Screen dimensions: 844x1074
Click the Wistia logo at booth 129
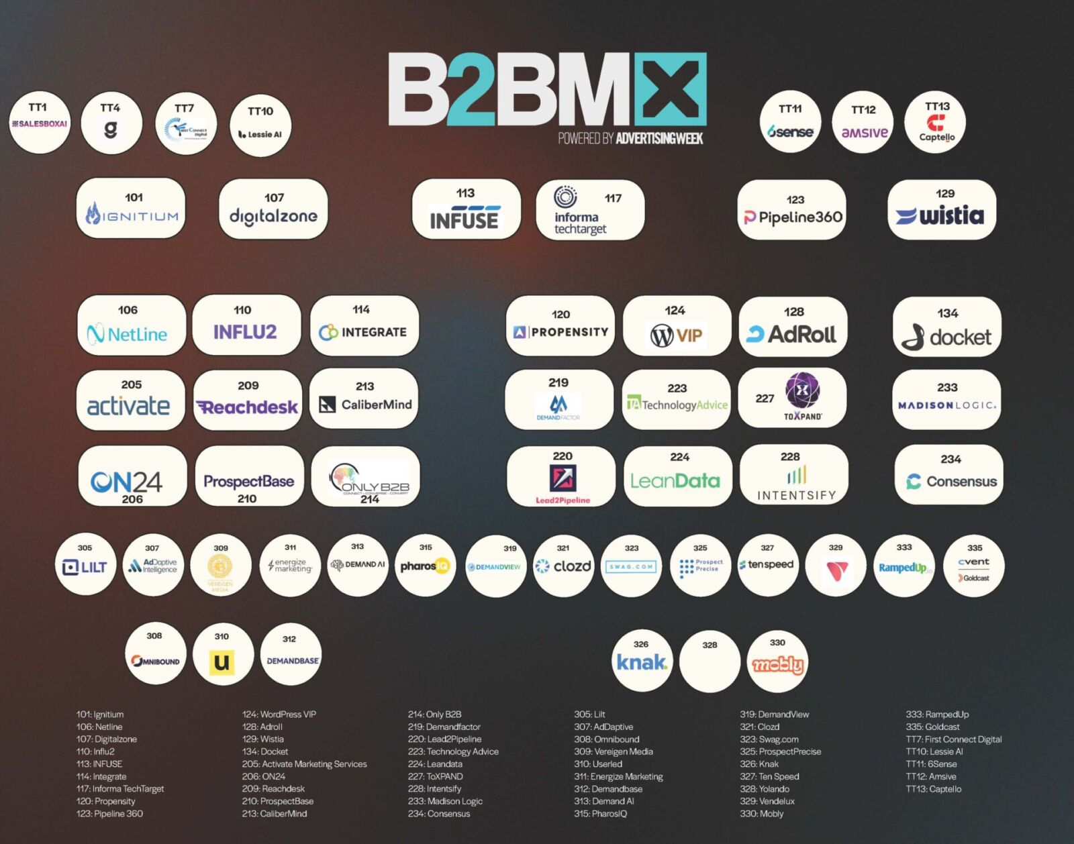coord(940,216)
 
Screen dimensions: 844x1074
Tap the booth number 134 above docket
coord(947,313)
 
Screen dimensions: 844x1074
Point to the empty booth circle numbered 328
coord(710,662)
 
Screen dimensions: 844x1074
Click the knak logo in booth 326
coord(642,663)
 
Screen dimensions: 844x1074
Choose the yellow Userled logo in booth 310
coord(222,662)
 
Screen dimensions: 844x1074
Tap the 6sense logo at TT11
coord(791,131)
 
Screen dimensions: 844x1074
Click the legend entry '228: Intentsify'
coord(434,789)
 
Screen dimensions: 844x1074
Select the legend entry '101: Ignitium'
coord(100,715)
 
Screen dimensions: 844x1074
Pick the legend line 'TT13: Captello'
coord(934,789)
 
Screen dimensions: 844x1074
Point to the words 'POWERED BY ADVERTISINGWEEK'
coord(630,139)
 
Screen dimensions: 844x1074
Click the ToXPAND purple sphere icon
coord(802,390)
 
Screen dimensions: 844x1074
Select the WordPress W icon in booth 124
coord(661,335)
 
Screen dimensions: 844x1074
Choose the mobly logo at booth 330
coord(777,664)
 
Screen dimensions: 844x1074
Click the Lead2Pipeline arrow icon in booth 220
coord(563,478)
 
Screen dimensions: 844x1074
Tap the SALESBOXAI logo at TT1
coord(40,124)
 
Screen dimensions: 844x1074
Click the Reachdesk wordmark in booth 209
coord(247,407)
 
